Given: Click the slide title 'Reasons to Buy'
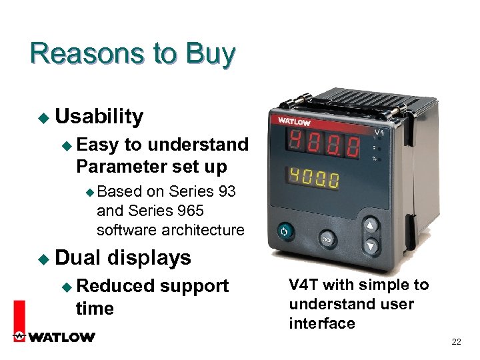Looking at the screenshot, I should coord(132,54).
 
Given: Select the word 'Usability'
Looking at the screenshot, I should coord(99,117).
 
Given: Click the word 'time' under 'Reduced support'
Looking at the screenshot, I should coord(95,309).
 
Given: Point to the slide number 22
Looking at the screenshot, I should coord(456,342).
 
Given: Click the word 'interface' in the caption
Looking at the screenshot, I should coord(321,324).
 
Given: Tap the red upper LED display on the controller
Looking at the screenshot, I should coord(323,145).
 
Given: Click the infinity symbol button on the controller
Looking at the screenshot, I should coord(327,238).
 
